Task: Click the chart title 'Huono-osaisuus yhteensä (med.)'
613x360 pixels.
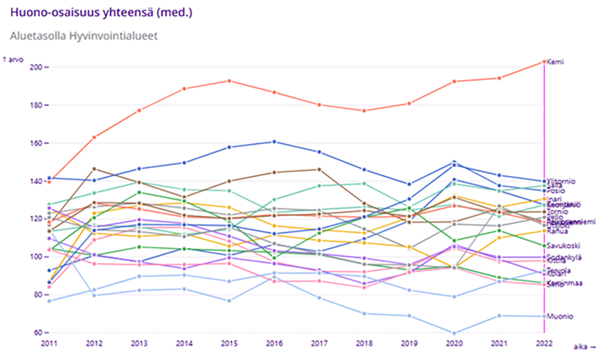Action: click(104, 12)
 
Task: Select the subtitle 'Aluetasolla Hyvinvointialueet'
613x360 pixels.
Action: click(84, 36)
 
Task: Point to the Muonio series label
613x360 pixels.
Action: click(560, 316)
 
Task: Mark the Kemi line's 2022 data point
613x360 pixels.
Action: click(544, 62)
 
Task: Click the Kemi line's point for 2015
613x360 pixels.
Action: click(229, 81)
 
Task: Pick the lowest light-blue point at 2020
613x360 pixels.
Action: click(454, 333)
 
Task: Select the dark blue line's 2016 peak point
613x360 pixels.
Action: click(273, 142)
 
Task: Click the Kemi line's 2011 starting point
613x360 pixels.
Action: click(49, 182)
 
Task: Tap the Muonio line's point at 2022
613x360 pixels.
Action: click(544, 316)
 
